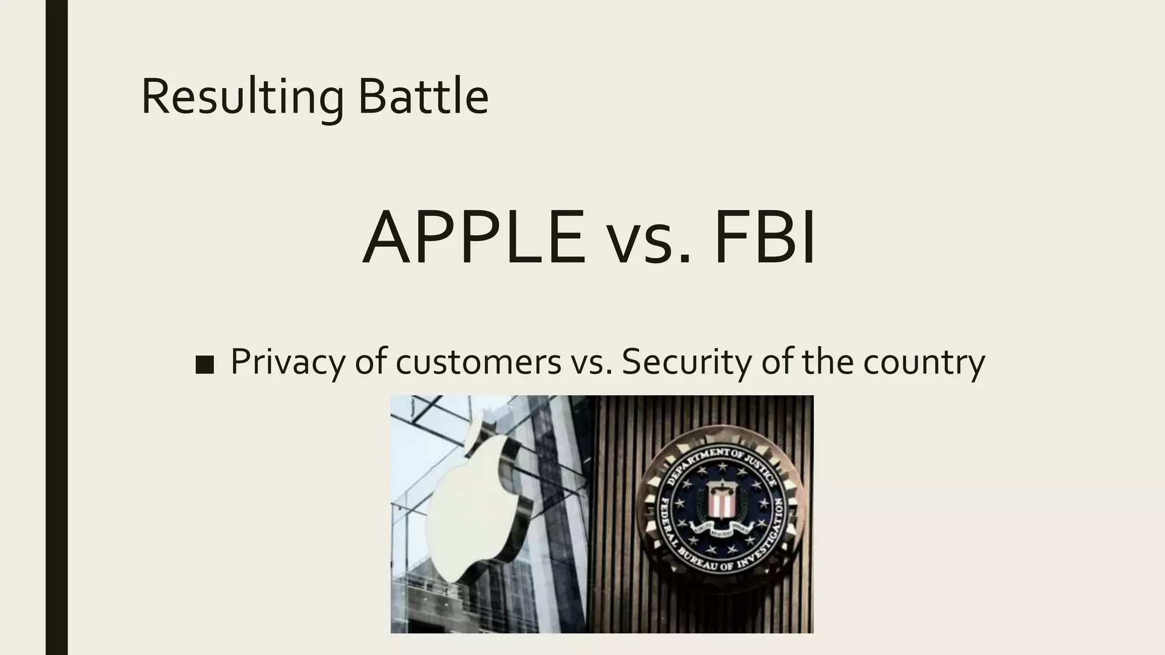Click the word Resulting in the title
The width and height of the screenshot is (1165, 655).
tap(242, 97)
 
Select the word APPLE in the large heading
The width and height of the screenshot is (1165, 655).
tap(474, 237)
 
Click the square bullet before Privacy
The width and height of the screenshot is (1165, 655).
tap(204, 364)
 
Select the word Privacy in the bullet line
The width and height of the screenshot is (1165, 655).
tap(288, 362)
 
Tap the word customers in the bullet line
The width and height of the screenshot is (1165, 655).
tap(478, 362)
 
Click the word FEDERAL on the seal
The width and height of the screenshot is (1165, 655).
tap(667, 520)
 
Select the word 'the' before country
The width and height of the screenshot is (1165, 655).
tap(828, 362)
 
